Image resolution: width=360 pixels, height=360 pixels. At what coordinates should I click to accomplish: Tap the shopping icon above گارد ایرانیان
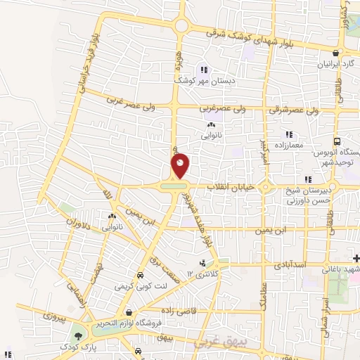(337, 53)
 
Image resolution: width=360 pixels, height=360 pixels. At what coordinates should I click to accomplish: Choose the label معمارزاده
(288, 145)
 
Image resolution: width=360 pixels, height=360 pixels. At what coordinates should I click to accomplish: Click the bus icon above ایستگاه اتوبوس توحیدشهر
(337, 141)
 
